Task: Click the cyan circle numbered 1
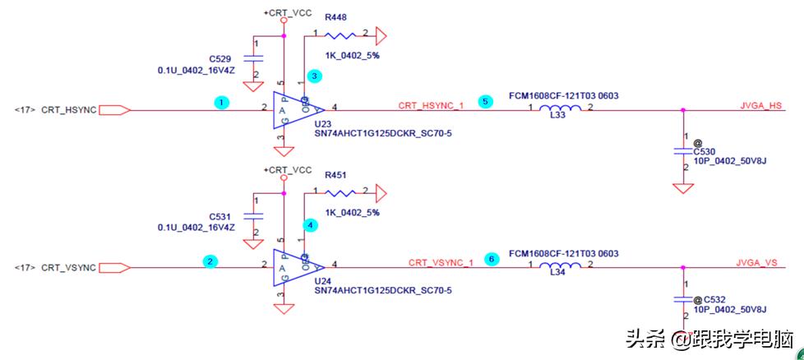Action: tap(219, 103)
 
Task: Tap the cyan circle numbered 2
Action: tap(211, 261)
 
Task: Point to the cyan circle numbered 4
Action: tap(310, 224)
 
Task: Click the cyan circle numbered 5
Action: tap(485, 102)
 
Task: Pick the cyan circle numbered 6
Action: tap(492, 259)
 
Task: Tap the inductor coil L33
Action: tap(559, 109)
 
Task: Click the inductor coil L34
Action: tap(559, 267)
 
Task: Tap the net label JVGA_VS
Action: tap(758, 262)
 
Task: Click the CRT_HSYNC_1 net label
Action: tap(432, 105)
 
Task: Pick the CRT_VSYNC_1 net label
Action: tap(441, 263)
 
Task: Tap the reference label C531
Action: tap(220, 216)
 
